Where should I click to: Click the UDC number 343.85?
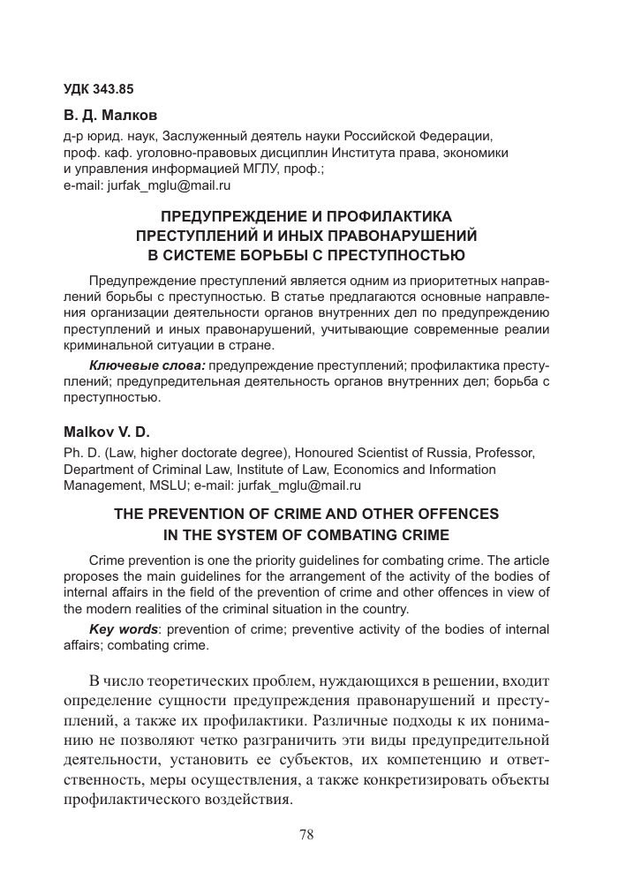tap(114, 88)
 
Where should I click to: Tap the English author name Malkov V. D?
tap(103, 433)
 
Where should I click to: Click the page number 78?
tap(306, 834)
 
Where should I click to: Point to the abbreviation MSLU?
tap(212, 485)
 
